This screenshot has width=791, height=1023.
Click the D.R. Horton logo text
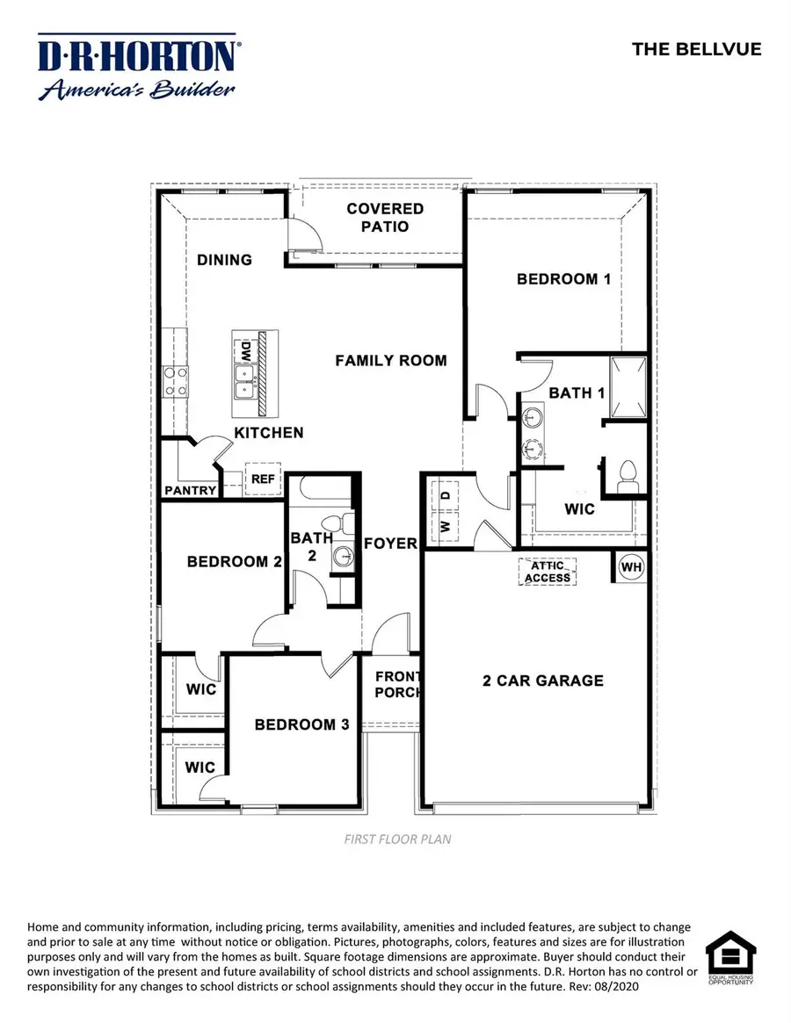[x=136, y=56]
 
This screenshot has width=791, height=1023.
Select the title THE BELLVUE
[x=697, y=49]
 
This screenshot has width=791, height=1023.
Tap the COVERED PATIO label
[x=385, y=217]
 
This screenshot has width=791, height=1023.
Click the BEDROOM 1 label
[x=563, y=279]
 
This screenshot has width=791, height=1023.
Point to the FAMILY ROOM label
[x=391, y=360]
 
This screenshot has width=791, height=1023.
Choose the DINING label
[x=224, y=260]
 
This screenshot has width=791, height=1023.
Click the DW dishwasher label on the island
[x=245, y=354]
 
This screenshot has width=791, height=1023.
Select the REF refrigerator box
[x=263, y=479]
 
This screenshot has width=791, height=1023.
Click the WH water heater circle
[x=632, y=567]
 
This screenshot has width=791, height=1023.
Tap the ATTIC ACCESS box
[x=548, y=572]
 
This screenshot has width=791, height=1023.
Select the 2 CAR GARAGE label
[x=543, y=681]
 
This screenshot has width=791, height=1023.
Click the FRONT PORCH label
[x=399, y=684]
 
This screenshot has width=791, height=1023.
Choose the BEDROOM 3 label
[x=301, y=724]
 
